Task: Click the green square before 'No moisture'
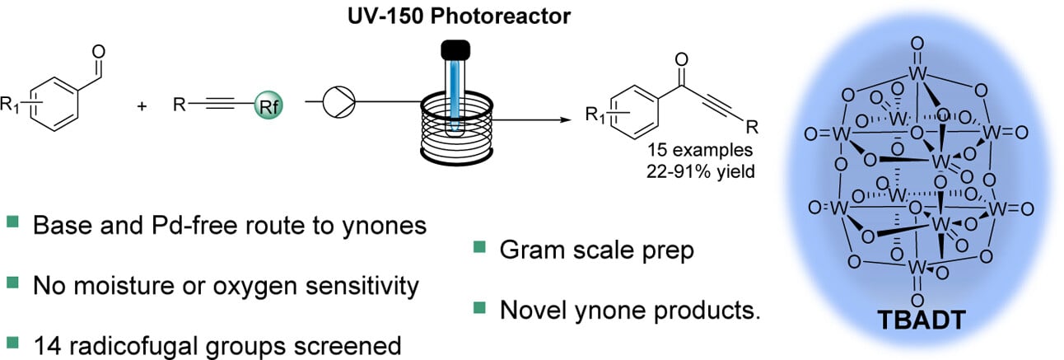12,284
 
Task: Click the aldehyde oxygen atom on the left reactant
100,52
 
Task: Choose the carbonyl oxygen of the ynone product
680,59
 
